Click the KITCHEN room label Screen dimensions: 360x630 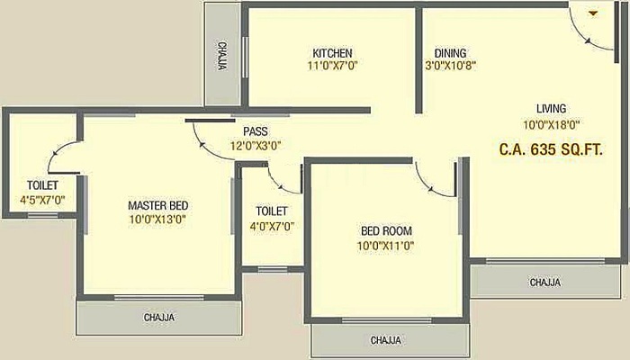(x=332, y=53)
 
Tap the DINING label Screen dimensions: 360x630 (x=450, y=53)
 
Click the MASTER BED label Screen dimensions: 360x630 (x=157, y=205)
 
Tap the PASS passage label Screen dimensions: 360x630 (x=255, y=131)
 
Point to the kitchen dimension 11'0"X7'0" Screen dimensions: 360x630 (x=333, y=66)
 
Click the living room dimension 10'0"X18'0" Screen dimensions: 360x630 (x=551, y=126)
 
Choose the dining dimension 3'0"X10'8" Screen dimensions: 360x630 (x=450, y=66)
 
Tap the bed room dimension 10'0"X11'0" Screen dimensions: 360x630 (x=385, y=245)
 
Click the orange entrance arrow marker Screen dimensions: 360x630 (x=593, y=13)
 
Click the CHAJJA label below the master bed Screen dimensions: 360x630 (x=159, y=318)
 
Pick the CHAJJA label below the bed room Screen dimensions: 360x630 (x=385, y=341)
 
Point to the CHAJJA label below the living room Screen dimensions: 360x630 (x=544, y=283)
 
